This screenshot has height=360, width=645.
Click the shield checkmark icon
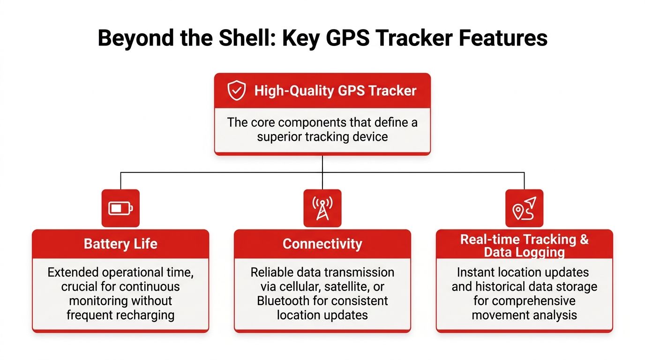[x=236, y=90]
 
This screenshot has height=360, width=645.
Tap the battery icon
[x=120, y=208]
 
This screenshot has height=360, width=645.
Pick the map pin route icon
[x=525, y=208]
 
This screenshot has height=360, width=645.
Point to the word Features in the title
[x=503, y=37]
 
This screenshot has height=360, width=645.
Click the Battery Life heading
[x=120, y=244]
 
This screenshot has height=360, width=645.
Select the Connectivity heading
[x=322, y=244]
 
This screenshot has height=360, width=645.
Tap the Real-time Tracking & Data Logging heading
[x=525, y=246]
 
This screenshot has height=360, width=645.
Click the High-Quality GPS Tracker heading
[x=336, y=91]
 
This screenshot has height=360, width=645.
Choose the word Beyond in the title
[x=135, y=38]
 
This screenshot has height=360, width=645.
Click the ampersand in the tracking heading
[x=584, y=240]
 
